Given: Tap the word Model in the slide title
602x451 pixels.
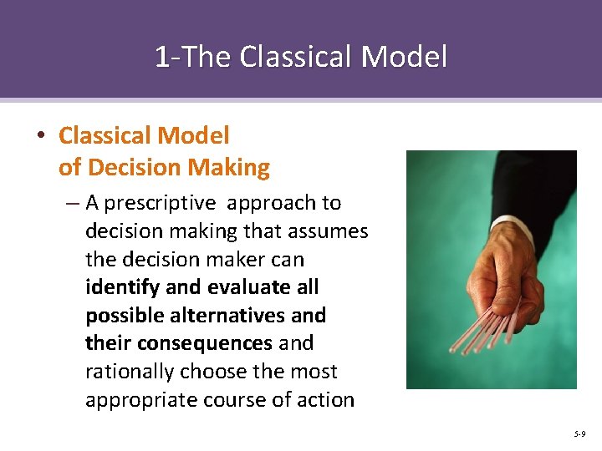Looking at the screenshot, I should [x=406, y=57].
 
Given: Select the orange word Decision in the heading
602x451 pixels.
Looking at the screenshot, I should [x=135, y=168].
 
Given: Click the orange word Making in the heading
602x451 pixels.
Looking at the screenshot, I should [x=228, y=168].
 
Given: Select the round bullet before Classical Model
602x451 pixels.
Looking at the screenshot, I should [x=43, y=136].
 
